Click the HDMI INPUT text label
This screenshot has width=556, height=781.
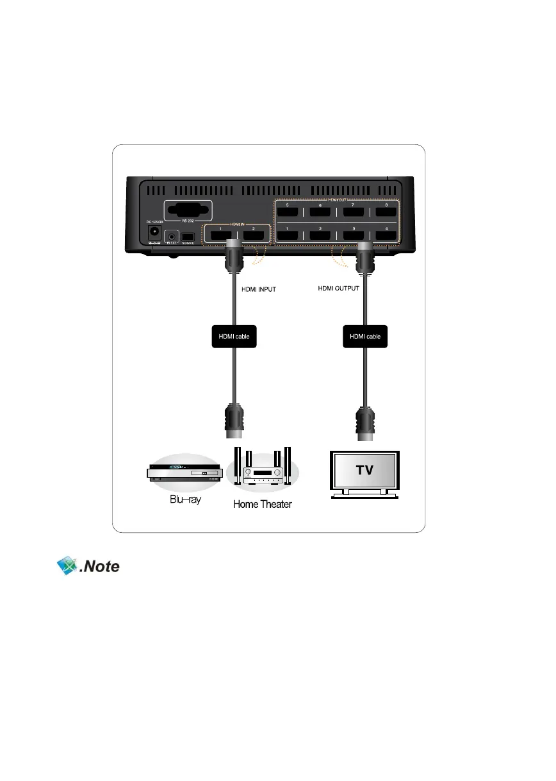click(x=259, y=290)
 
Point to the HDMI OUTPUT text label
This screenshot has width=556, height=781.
click(x=339, y=289)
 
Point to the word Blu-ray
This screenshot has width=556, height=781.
click(x=185, y=500)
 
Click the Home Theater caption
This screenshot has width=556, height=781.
click(x=262, y=504)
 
